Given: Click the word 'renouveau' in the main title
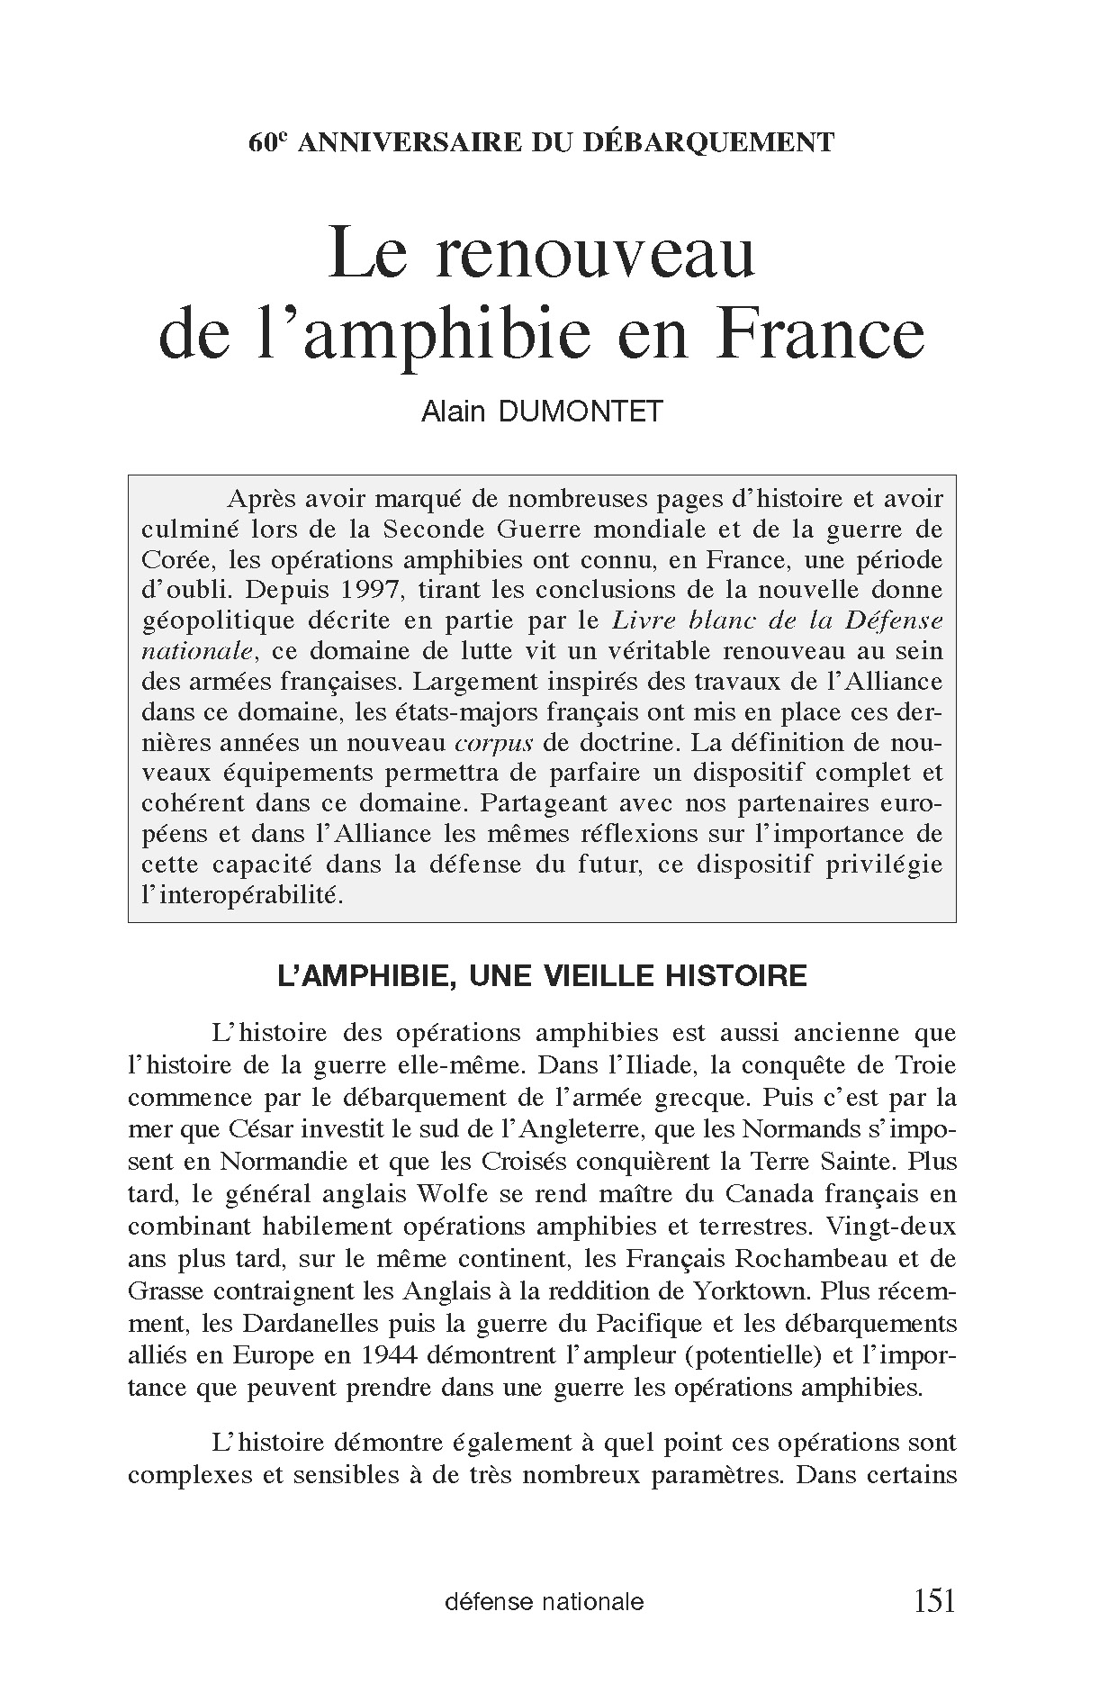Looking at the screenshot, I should tap(594, 255).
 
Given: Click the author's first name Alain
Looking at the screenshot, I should tap(454, 412).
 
